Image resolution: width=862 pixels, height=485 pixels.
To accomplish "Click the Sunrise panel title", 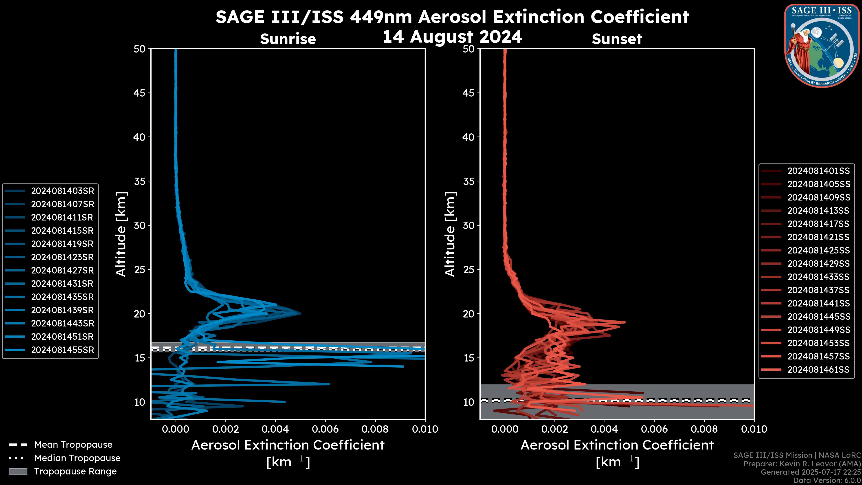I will tap(288, 39).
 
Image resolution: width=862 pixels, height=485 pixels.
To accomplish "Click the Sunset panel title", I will tap(617, 39).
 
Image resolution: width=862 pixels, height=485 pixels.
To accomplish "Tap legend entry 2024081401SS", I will tap(818, 171).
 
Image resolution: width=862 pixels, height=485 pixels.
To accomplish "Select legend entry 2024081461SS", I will tap(818, 370).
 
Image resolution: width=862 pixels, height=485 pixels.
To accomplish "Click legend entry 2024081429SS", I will tap(818, 264).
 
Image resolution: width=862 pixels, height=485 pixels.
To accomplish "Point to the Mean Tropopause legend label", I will tap(73, 445).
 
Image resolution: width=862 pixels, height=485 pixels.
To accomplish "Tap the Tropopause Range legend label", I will tap(75, 471).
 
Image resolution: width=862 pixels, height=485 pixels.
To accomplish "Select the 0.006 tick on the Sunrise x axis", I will tap(325, 429).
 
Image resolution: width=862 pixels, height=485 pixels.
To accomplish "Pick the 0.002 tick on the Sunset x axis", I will tap(555, 429).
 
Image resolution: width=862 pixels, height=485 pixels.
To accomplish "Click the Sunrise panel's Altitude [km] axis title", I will tap(121, 234).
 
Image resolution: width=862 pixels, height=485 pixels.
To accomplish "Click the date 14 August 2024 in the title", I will tap(452, 36).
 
